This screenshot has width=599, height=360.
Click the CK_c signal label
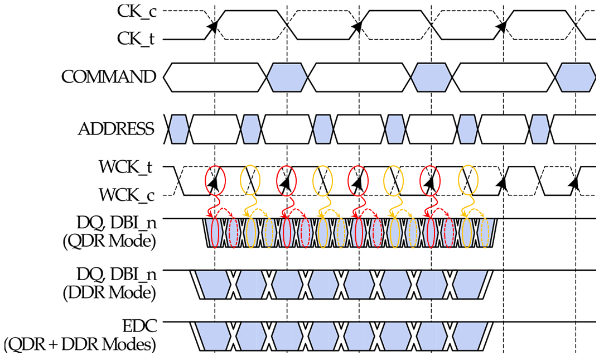[x=136, y=12]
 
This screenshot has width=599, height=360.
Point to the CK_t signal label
[x=136, y=39]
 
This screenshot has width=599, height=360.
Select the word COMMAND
[x=108, y=76]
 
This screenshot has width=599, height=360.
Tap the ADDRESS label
[x=116, y=129]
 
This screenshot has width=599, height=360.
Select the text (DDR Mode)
[x=117, y=291]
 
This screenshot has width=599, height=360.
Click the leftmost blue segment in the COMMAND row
[x=287, y=76]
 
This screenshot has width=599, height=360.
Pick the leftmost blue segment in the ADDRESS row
[x=178, y=129]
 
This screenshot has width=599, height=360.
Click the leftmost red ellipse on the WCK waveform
[x=215, y=180]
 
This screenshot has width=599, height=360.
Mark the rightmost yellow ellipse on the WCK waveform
[x=467, y=180]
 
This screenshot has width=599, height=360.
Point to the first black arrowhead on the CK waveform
[x=212, y=26]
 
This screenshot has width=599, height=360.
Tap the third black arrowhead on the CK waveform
[x=501, y=26]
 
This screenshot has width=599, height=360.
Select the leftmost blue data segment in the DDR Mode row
[x=214, y=285]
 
